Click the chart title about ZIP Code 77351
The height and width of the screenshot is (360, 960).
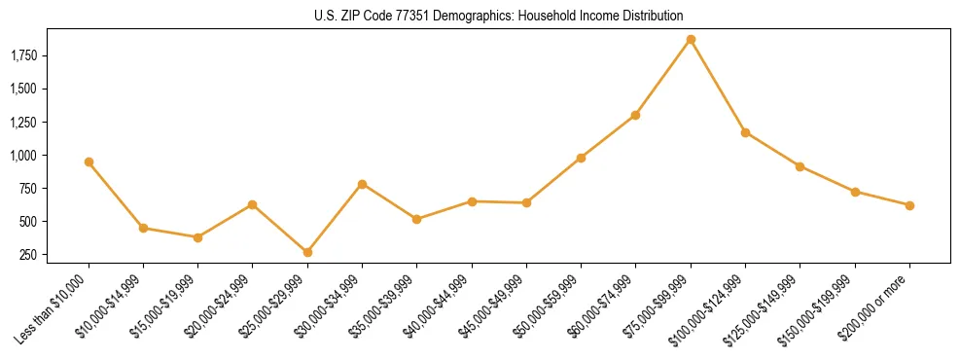click(x=499, y=16)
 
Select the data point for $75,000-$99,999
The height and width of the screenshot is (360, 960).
click(x=691, y=40)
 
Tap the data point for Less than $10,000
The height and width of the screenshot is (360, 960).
click(x=89, y=162)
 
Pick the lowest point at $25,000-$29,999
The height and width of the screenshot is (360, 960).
click(x=253, y=252)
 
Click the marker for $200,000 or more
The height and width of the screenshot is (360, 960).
click(x=909, y=205)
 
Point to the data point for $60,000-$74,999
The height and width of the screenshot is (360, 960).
click(x=635, y=115)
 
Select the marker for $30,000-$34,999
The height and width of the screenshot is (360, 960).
click(x=362, y=184)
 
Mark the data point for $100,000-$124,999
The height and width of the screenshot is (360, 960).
click(x=745, y=132)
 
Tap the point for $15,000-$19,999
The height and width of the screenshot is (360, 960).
click(x=197, y=237)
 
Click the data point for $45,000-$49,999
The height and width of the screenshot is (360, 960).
click(x=526, y=202)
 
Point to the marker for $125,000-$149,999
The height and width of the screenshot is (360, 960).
click(x=800, y=166)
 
